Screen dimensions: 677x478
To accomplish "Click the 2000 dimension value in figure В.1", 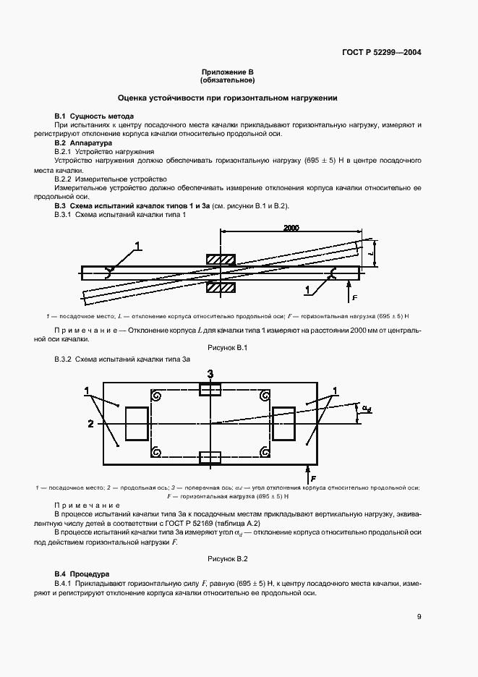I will [x=291, y=228].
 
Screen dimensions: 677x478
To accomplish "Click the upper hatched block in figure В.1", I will [x=220, y=259].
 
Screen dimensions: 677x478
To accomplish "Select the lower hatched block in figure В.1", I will [x=220, y=287].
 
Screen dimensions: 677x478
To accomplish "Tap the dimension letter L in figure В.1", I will [x=370, y=255].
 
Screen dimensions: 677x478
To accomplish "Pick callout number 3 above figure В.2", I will [x=210, y=373].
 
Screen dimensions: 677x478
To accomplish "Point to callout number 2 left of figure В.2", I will [x=90, y=423].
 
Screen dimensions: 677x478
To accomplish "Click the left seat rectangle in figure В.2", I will [x=136, y=423].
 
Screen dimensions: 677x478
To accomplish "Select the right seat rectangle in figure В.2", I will [x=283, y=422].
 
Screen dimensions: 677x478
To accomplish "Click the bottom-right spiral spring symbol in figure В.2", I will [x=263, y=452].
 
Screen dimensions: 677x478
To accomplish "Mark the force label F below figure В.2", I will [x=312, y=479].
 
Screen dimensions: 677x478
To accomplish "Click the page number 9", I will [x=419, y=617].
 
